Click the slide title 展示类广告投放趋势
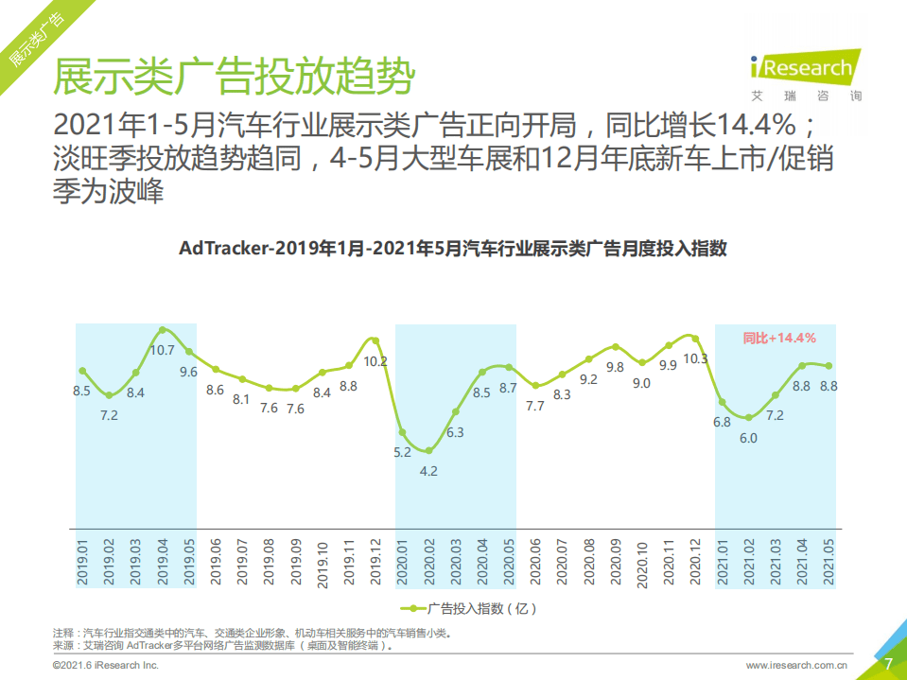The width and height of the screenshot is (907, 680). tap(233, 76)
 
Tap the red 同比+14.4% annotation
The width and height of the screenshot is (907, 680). tap(778, 338)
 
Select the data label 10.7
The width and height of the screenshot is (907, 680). tap(163, 350)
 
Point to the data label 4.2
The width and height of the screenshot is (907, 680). tap(428, 470)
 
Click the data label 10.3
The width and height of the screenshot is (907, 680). tap(695, 358)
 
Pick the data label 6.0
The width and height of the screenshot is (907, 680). tap(748, 438)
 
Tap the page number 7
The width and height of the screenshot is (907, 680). tap(888, 664)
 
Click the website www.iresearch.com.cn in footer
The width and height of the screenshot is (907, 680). tap(796, 665)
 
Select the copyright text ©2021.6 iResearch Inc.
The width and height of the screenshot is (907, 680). tap(105, 665)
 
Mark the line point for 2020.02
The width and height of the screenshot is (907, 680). tap(428, 450)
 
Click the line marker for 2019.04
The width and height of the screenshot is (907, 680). tap(163, 330)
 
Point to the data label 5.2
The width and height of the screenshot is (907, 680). tap(402, 452)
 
